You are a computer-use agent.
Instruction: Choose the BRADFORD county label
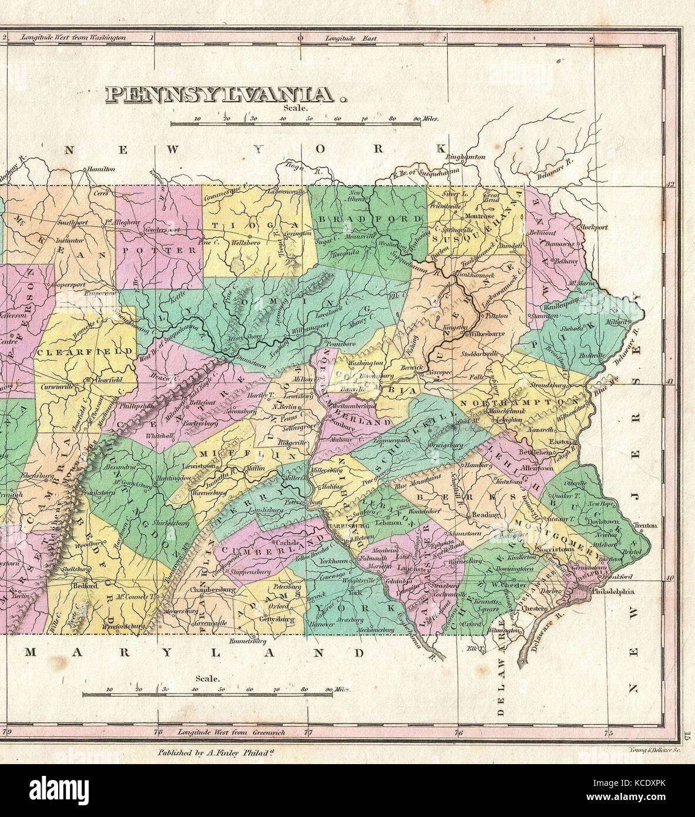[369, 219]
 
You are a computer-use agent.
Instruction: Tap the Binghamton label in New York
[466, 157]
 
